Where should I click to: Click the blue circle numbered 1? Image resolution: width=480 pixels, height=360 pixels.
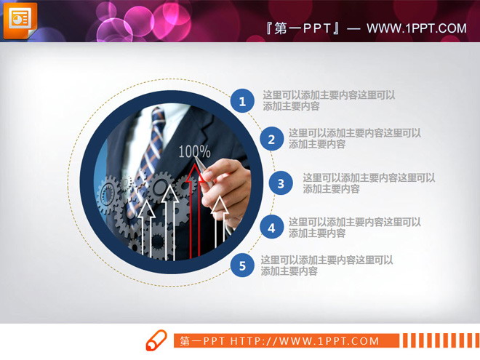[242, 101]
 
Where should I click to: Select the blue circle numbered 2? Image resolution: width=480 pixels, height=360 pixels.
[271, 139]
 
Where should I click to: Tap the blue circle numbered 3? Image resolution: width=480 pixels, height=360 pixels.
[281, 183]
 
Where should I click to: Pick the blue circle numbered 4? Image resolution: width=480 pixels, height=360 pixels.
[271, 228]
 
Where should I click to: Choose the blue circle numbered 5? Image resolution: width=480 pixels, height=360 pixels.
[243, 265]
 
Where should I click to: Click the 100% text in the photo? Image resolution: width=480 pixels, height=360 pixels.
[194, 152]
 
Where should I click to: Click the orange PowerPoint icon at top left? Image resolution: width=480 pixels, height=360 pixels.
[20, 20]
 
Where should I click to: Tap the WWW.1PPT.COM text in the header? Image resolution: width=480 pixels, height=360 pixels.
[416, 28]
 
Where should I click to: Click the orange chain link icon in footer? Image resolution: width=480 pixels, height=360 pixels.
[156, 340]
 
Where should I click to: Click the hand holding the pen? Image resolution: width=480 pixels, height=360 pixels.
[226, 182]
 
